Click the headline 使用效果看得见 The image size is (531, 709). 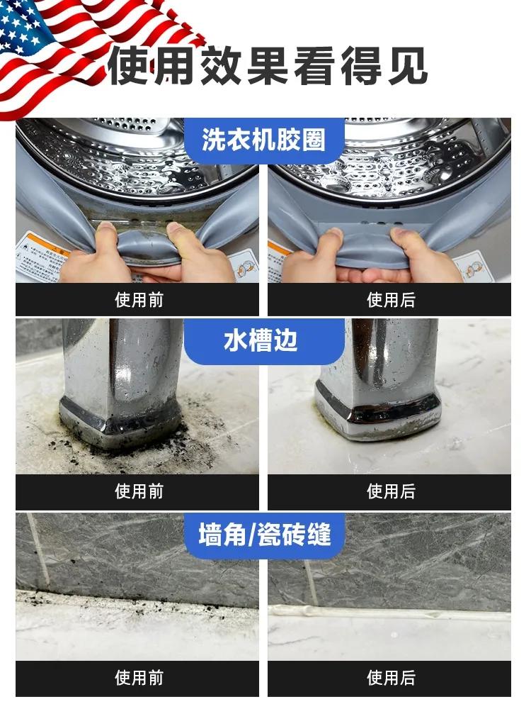tap(268, 67)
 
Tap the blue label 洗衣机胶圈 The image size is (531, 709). tap(263, 140)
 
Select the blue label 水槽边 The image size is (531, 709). tap(263, 341)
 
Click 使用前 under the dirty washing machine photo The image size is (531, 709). tap(139, 300)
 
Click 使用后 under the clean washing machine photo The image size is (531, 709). tap(391, 300)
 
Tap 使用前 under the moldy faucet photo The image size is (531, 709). tap(139, 491)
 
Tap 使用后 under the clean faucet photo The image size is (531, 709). tap(391, 491)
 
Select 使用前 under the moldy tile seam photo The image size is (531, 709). tap(139, 679)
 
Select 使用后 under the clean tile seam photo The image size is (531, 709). tap(391, 679)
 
